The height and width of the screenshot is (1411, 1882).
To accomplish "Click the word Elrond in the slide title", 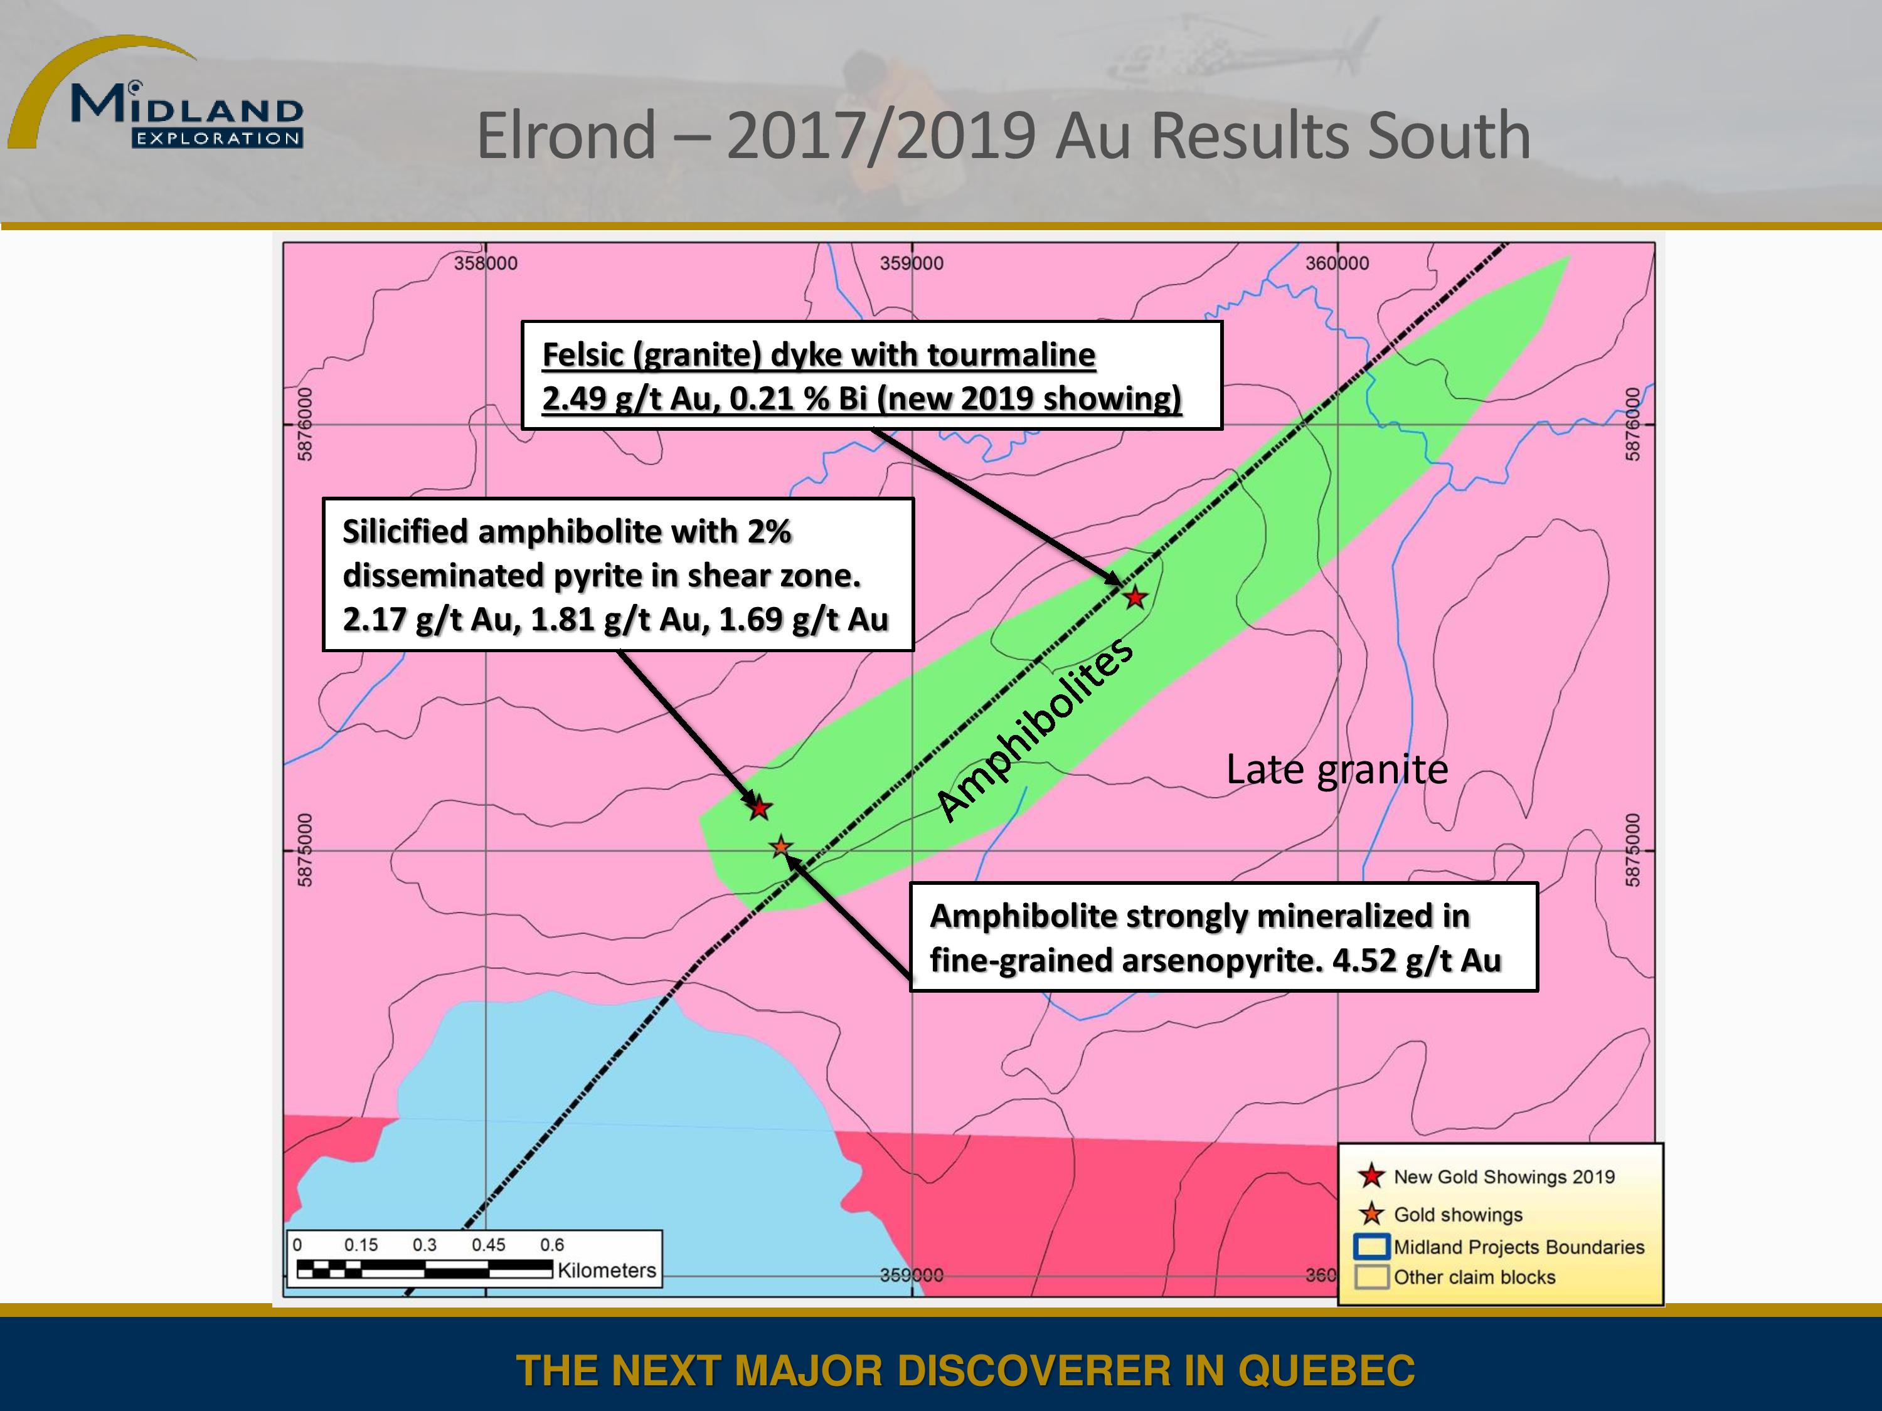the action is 566,135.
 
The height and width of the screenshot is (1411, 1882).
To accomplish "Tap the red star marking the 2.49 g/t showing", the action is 1135,597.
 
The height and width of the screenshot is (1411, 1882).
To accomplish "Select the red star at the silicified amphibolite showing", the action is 759,808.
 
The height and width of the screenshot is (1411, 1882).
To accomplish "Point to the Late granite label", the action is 1337,769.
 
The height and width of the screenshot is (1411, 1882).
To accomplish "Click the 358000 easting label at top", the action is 485,263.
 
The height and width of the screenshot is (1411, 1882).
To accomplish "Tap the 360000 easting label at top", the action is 1337,263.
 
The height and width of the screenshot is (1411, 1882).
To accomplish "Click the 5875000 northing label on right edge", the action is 1632,850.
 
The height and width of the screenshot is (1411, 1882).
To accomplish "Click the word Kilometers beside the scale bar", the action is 607,1270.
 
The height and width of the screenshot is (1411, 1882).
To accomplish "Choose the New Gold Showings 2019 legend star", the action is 1371,1176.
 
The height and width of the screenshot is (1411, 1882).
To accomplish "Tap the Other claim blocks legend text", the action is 1474,1277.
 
